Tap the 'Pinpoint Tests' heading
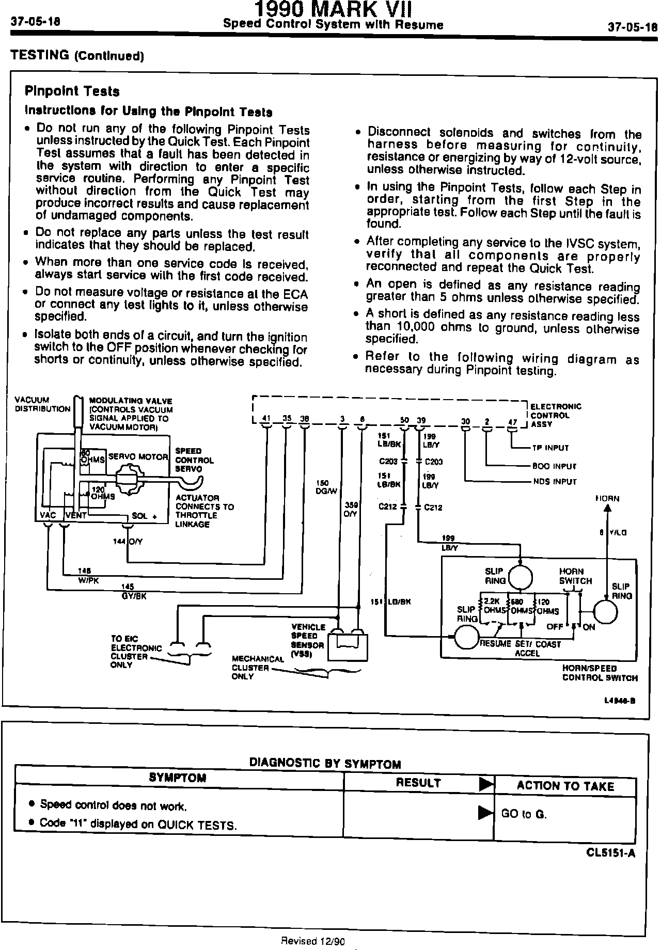pyautogui.click(x=72, y=91)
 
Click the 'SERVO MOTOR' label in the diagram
pyautogui.click(x=138, y=457)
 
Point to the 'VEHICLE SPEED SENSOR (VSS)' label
pyautogui.click(x=308, y=640)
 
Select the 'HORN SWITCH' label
pyautogui.click(x=575, y=576)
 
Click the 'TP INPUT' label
pyautogui.click(x=550, y=448)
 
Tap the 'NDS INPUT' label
pyautogui.click(x=555, y=482)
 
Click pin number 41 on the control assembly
pyautogui.click(x=266, y=418)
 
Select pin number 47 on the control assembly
pyautogui.click(x=512, y=422)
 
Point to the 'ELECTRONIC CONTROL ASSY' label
pyautogui.click(x=555, y=415)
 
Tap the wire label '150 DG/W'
pyautogui.click(x=326, y=487)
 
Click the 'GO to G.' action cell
pyautogui.click(x=524, y=814)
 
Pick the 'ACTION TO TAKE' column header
pyautogui.click(x=565, y=786)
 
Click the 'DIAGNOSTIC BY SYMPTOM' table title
pyautogui.click(x=325, y=763)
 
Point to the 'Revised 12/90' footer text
pyautogui.click(x=312, y=940)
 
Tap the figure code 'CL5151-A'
pyautogui.click(x=610, y=853)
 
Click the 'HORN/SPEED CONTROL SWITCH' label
pyautogui.click(x=600, y=673)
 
